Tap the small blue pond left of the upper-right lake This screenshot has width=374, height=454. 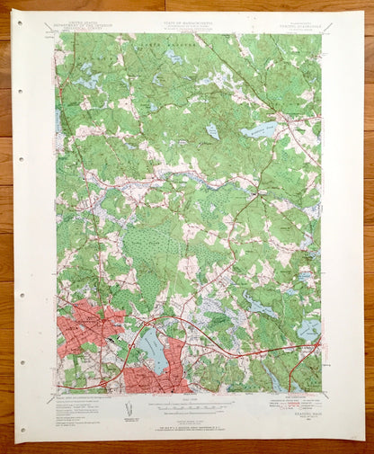coord(212,131)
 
